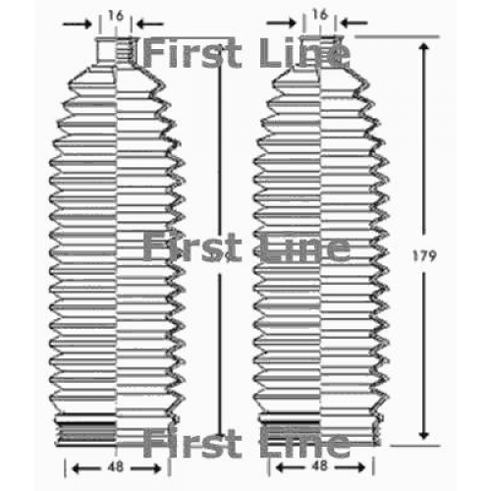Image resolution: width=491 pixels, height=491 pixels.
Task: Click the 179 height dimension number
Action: (x=424, y=255)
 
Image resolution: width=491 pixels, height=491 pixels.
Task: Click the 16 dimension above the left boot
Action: (x=116, y=16)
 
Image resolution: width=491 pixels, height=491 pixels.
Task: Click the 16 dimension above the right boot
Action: (x=320, y=14)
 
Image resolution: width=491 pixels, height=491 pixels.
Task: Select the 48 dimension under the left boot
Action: (x=116, y=466)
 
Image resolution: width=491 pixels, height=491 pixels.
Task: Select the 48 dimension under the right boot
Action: (x=320, y=465)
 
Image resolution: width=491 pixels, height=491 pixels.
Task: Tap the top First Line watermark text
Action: (x=246, y=52)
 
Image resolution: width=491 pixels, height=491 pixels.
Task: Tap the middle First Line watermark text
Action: (x=246, y=247)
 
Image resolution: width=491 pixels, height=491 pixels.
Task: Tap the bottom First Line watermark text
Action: (x=246, y=443)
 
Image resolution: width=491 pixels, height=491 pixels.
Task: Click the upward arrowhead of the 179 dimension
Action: (x=424, y=48)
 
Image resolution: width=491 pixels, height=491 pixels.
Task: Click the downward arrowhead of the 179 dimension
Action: (x=424, y=433)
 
